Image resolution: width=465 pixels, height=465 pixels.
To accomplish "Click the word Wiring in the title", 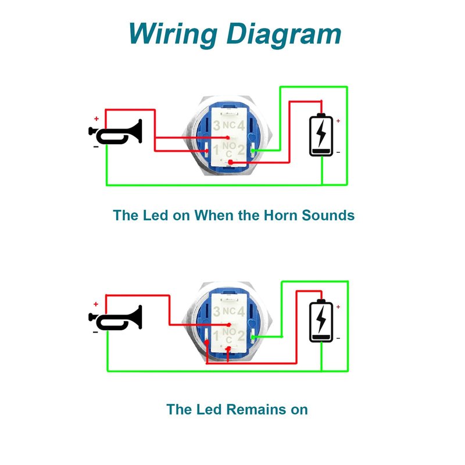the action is pyautogui.click(x=173, y=34).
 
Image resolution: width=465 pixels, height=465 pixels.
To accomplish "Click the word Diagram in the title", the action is pyautogui.click(x=284, y=34).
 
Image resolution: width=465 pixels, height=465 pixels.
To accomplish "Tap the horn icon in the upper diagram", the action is pyautogui.click(x=116, y=132).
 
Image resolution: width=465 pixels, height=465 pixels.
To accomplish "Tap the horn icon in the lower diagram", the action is pyautogui.click(x=116, y=317).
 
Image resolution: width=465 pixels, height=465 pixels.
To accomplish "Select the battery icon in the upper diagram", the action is pyautogui.click(x=321, y=135).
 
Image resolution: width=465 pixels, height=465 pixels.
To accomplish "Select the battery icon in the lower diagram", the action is pyautogui.click(x=321, y=321).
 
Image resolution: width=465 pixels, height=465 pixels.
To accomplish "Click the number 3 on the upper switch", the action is pyautogui.click(x=217, y=126).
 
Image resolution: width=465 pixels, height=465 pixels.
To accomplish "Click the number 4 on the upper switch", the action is pyautogui.click(x=241, y=126).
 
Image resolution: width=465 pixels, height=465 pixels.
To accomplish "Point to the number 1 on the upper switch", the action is pyautogui.click(x=216, y=150).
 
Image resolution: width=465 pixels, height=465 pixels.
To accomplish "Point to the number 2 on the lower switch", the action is pyautogui.click(x=241, y=335).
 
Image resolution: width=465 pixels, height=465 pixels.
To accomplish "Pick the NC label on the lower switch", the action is pyautogui.click(x=229, y=311).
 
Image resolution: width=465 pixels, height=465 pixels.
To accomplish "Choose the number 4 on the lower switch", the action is pyautogui.click(x=241, y=312).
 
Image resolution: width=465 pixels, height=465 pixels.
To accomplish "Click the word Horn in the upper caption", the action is pyautogui.click(x=280, y=215).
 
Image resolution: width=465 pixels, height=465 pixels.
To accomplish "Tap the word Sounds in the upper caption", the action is pyautogui.click(x=328, y=215).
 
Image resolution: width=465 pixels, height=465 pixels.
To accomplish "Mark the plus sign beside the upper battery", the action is pyautogui.click(x=338, y=121).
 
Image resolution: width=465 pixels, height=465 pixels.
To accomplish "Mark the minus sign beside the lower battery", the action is pyautogui.click(x=338, y=338).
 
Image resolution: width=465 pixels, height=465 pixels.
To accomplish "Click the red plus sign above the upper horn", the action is pyautogui.click(x=96, y=119).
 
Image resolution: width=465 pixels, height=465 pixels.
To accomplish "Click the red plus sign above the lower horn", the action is pyautogui.click(x=96, y=304).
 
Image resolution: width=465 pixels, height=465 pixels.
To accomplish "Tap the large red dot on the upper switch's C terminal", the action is pyautogui.click(x=231, y=162).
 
